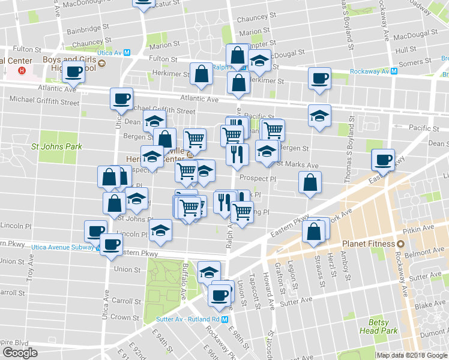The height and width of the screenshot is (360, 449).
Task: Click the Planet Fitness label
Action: (x=368, y=244)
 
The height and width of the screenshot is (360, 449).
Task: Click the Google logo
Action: (x=20, y=353)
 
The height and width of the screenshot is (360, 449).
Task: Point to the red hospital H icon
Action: (x=22, y=70)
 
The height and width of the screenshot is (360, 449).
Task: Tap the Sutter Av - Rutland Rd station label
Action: (x=186, y=319)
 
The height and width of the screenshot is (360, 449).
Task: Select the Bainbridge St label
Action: (x=88, y=28)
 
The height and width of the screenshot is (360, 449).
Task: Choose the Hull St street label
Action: (x=406, y=50)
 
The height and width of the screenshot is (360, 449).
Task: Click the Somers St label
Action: (x=427, y=62)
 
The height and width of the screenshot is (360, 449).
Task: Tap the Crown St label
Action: (x=125, y=317)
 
